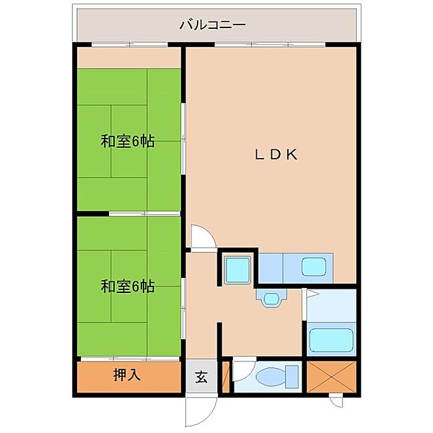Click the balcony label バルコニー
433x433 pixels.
213,25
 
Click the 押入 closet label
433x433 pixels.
126,375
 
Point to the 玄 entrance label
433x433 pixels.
201,377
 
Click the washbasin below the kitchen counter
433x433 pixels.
272,298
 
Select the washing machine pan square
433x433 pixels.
237,268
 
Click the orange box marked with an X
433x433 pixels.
332,376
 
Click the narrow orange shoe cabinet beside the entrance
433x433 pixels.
225,377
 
